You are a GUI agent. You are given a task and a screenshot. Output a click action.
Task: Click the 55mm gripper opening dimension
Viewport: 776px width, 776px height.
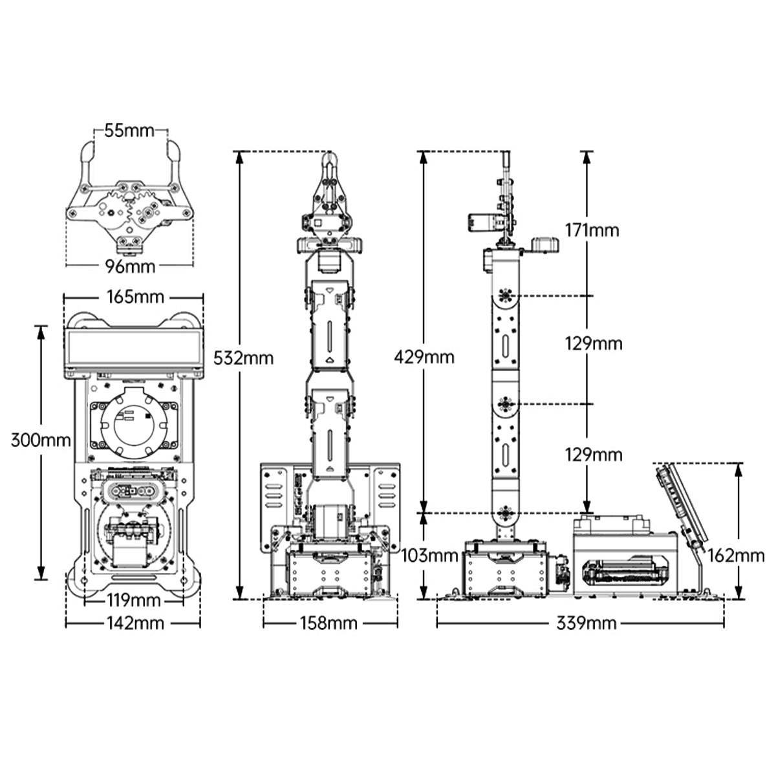coord(129,131)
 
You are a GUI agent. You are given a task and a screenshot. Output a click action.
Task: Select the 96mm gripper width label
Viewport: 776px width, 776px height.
coord(130,266)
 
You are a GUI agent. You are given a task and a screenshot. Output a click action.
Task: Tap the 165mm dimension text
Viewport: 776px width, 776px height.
coord(135,297)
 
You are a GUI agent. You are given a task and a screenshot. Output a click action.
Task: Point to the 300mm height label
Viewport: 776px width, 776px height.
coord(41,440)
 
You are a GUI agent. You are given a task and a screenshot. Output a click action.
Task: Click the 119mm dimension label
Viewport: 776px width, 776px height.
coord(134,600)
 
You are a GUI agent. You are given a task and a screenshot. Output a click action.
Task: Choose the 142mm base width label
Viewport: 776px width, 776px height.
coord(135,623)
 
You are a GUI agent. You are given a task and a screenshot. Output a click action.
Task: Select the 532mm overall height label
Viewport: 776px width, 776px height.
coord(243,358)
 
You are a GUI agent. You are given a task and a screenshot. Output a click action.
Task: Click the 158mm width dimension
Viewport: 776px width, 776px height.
coord(329,623)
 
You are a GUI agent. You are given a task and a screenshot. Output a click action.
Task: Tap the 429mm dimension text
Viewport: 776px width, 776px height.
coord(424,357)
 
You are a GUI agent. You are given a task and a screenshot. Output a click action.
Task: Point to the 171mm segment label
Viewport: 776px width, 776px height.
coord(592,230)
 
